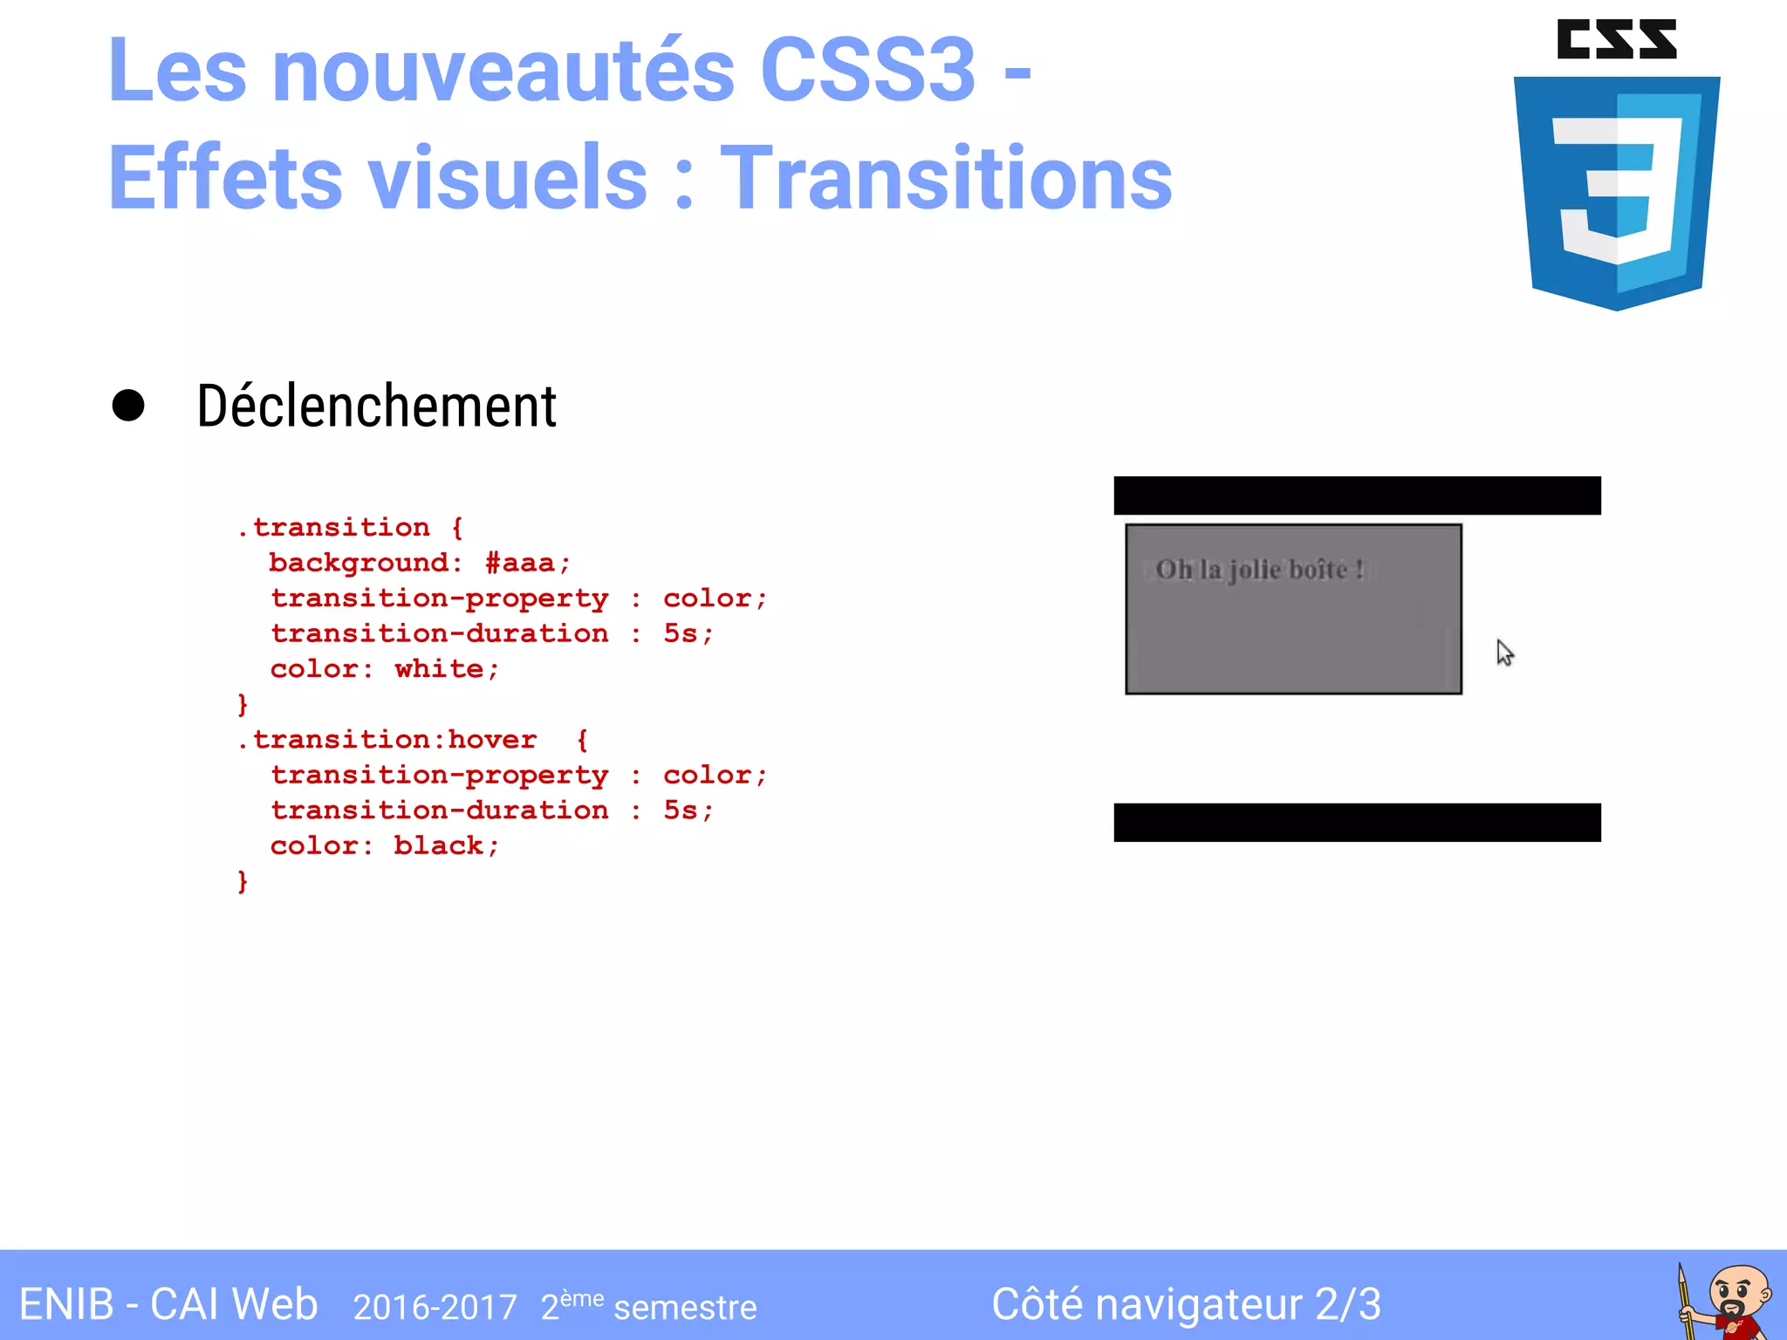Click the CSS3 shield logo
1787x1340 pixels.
(1616, 192)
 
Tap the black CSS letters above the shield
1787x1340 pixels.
(1616, 39)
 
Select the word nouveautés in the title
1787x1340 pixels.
(503, 70)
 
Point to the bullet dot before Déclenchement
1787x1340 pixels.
(128, 406)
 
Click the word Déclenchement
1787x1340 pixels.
(376, 407)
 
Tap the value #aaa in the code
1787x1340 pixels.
(520, 564)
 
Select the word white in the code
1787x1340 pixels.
(439, 669)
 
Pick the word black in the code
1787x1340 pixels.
(438, 846)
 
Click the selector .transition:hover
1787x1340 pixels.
(387, 740)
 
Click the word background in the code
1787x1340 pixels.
(359, 564)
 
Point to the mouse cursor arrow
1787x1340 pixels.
(1504, 652)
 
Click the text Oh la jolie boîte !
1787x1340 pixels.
(1259, 570)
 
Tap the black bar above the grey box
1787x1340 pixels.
(1357, 496)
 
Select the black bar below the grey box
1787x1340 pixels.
(1357, 822)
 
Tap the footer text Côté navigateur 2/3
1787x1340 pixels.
(1186, 1305)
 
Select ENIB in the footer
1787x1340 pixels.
(66, 1305)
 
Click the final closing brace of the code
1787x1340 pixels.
(243, 882)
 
